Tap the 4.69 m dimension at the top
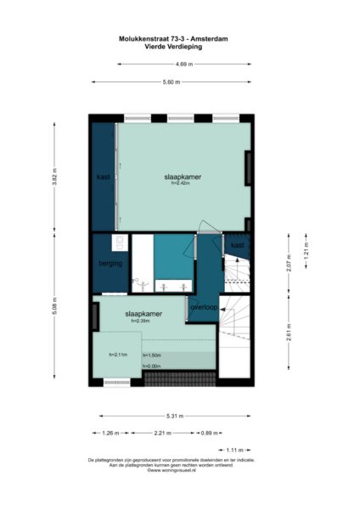tap(183, 64)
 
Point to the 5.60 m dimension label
tap(172, 82)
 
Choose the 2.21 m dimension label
tap(162, 433)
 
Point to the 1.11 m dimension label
tap(234, 450)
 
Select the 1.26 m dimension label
tap(110, 433)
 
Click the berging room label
tap(110, 264)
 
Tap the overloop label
tap(205, 307)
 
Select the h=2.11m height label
tap(117, 355)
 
